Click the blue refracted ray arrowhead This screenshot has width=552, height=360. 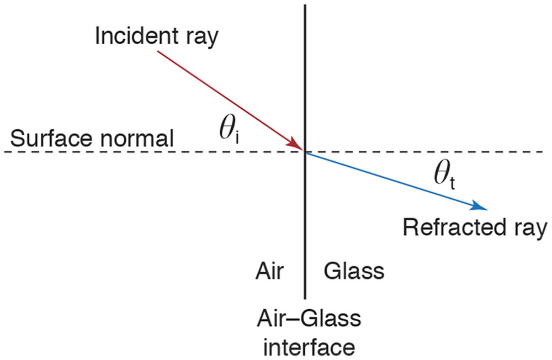480,207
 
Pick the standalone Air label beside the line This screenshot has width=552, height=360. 270,271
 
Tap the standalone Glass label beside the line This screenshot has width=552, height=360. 354,271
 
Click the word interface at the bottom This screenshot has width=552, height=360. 309,347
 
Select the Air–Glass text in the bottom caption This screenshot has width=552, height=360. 309,319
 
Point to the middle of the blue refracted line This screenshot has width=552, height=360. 395,180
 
